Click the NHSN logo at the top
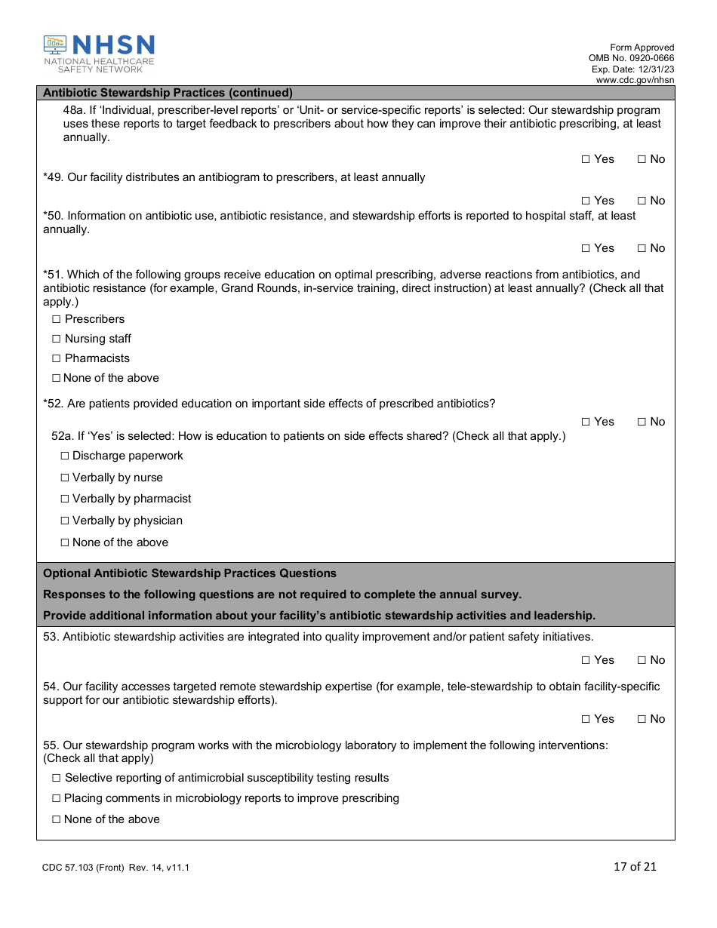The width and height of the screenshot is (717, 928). [99, 54]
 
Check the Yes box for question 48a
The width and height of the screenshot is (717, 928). [586, 159]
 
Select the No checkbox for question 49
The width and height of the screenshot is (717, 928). [642, 201]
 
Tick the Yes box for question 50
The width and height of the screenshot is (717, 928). [586, 248]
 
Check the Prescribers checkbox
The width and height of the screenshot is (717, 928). [56, 319]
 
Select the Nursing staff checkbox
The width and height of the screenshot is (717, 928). [56, 339]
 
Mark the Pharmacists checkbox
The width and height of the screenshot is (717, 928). [56, 358]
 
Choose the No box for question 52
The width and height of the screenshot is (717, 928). [642, 422]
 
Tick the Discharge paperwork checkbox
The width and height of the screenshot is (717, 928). [64, 456]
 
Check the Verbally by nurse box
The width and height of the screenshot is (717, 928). [64, 478]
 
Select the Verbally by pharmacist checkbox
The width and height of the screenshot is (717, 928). [64, 499]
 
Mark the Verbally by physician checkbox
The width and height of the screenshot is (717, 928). [64, 521]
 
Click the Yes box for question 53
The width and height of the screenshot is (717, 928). [586, 660]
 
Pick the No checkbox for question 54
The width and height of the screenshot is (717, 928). [642, 719]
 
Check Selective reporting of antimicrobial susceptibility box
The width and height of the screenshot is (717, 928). [56, 778]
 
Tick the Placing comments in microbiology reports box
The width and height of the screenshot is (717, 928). [56, 798]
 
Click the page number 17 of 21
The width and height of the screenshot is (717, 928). [635, 866]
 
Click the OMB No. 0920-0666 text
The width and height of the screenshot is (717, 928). [631, 58]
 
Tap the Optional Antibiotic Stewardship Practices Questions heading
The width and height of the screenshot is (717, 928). [189, 573]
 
